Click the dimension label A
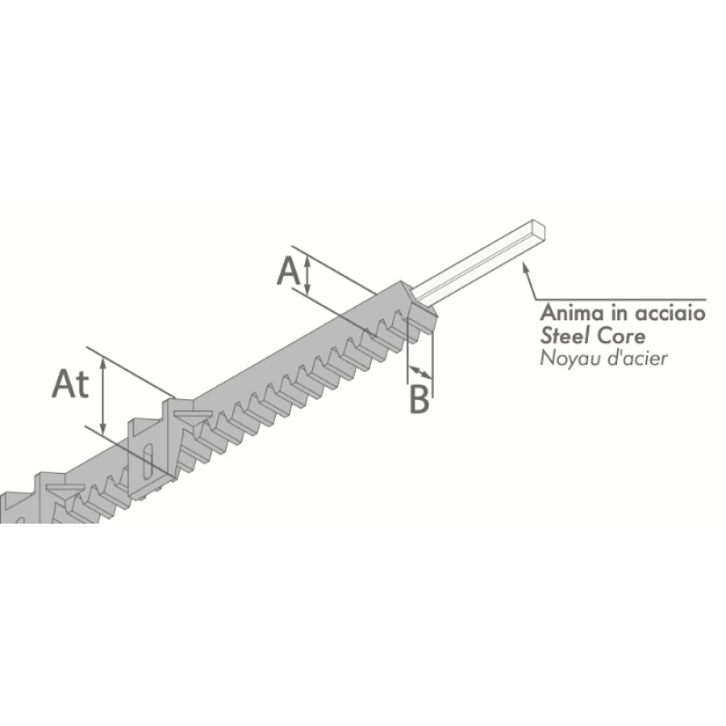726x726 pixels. pos(289,271)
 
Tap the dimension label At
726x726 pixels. pos(70,384)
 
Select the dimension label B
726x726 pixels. pos(419,399)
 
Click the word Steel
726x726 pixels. pos(564,336)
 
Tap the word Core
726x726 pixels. pos(621,336)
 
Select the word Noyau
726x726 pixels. pos(566,359)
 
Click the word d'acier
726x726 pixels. pos(633,358)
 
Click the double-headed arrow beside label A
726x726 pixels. pos(307,276)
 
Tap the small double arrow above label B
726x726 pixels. pos(420,371)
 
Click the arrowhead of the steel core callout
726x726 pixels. pos(525,266)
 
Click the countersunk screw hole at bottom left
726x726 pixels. pos(64,489)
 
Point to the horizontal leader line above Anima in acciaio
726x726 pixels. pos(621,300)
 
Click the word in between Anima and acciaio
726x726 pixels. pos(621,312)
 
